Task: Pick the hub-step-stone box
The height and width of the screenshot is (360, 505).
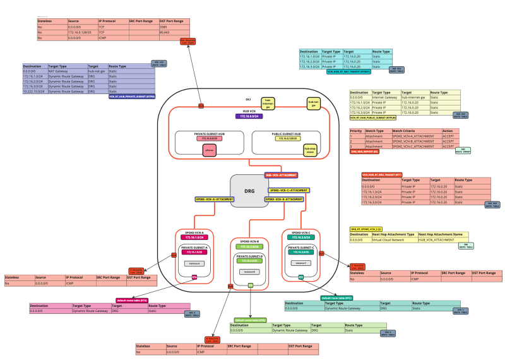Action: pyautogui.click(x=292, y=150)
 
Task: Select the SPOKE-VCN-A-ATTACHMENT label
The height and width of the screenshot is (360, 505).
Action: pyautogui.click(x=214, y=199)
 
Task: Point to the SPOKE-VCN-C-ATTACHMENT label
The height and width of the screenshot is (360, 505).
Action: pyautogui.click(x=288, y=189)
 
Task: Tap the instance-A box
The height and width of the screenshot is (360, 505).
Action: pyautogui.click(x=194, y=263)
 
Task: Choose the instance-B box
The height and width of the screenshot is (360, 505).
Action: pyautogui.click(x=249, y=272)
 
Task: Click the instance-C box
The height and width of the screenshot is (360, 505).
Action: pyautogui.click(x=300, y=263)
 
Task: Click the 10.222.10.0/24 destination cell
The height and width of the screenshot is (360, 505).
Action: pyautogui.click(x=35, y=92)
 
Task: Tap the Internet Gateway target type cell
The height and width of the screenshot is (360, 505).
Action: pyautogui.click(x=386, y=97)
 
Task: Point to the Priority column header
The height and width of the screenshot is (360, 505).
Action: pyautogui.click(x=357, y=131)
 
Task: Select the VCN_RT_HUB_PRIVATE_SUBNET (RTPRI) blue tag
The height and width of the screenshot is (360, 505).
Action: pyautogui.click(x=131, y=97)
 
